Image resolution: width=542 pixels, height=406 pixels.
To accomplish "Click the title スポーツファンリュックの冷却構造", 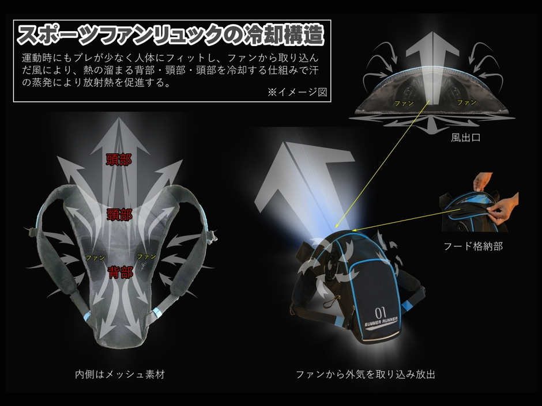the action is click(171, 36).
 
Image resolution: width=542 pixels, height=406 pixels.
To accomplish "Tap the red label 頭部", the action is click(119, 160).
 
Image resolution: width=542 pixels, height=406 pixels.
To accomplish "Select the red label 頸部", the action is click(119, 215).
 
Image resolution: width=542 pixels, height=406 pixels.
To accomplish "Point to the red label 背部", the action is click(121, 272).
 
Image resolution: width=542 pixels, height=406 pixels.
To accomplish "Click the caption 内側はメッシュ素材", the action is click(120, 374).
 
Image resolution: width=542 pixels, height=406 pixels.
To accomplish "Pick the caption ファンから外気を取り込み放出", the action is click(366, 374).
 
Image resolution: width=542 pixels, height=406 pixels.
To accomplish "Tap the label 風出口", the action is click(466, 138).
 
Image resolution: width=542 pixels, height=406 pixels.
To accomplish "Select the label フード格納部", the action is click(473, 246).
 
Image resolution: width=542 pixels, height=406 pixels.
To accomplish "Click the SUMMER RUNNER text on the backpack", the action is click(381, 322).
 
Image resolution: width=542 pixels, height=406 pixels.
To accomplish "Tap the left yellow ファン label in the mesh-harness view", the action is click(95, 257).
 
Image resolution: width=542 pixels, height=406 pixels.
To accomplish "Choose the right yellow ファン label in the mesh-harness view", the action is click(146, 256).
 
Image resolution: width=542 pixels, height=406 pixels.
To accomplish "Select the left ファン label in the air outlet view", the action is click(404, 103).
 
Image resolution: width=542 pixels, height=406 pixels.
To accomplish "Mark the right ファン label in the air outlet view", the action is click(466, 102).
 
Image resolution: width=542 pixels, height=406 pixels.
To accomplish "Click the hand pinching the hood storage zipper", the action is click(505, 208).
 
